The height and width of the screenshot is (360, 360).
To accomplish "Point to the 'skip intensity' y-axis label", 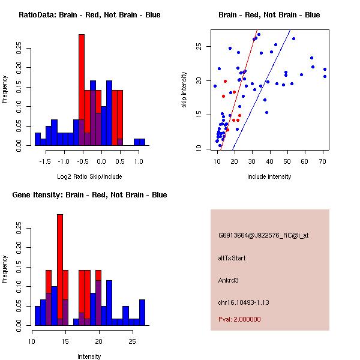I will (x=185, y=90).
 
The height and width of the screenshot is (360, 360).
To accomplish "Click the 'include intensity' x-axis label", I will (x=269, y=176).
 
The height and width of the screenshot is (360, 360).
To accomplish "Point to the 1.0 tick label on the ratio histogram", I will (x=139, y=161).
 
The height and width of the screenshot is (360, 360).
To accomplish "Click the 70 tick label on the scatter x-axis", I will (x=323, y=161).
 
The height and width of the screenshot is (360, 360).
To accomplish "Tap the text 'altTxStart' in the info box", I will (x=232, y=258).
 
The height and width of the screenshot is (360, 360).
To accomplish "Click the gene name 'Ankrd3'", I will (x=229, y=280).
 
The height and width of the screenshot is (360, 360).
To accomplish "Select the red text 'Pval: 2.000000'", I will (x=239, y=319).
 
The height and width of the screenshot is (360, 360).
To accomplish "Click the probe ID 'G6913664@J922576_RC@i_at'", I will (x=263, y=236).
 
